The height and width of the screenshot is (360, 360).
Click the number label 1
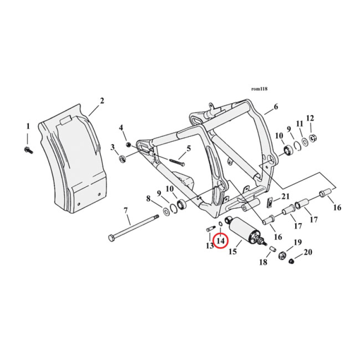point(27,126)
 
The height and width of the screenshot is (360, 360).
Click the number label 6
point(276,107)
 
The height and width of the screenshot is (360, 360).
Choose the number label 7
point(126,210)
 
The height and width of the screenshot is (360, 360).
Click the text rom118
point(260,89)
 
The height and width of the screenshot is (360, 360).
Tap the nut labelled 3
point(122,158)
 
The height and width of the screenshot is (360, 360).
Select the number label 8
point(148,198)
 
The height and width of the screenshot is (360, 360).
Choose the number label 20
point(307,253)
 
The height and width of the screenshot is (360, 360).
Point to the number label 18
point(263,262)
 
